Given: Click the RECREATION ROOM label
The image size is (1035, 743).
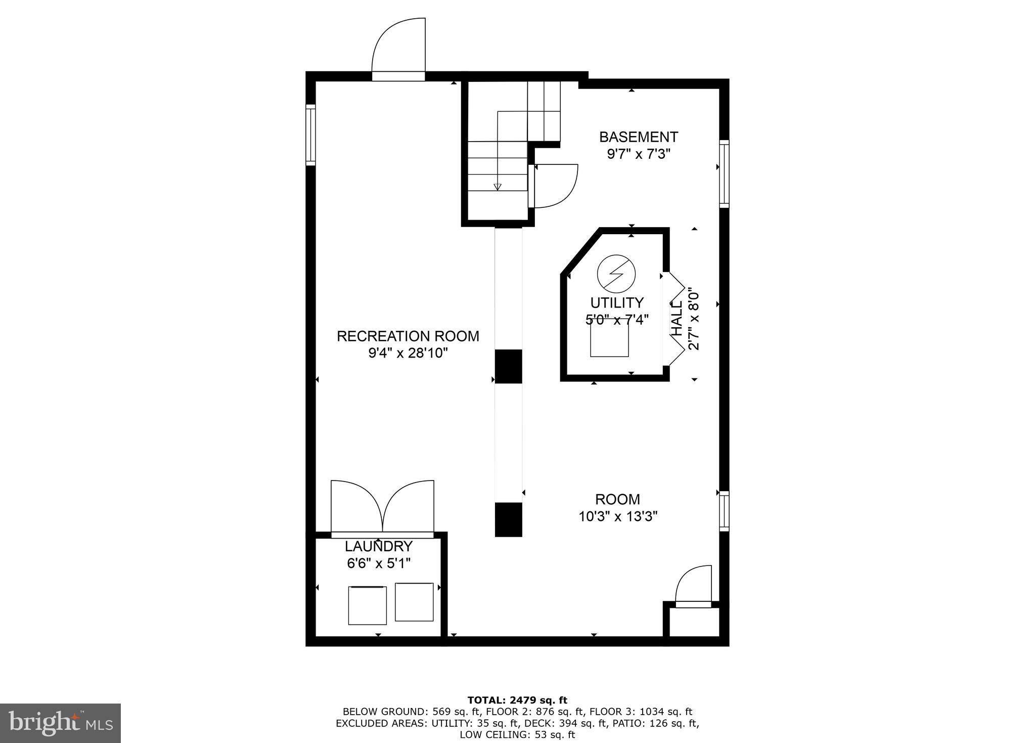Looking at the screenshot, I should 408,336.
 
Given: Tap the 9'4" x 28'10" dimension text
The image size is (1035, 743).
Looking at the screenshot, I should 408,353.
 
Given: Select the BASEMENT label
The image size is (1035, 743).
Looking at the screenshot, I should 638,137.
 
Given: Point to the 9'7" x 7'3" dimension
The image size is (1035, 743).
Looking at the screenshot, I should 638,154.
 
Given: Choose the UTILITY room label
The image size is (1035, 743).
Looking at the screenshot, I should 616,303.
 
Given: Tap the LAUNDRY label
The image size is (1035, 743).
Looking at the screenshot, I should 379,547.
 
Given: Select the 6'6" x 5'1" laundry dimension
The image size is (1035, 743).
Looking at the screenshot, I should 379,563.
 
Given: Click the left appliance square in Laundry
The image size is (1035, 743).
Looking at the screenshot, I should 367,605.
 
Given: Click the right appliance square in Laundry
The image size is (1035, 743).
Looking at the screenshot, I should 414,602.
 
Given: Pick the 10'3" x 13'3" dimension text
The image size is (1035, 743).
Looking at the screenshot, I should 617,516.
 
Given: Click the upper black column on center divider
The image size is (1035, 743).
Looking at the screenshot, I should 508,366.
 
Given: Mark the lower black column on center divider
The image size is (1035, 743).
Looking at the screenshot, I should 508,519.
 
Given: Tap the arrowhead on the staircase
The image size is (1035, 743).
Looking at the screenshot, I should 497,187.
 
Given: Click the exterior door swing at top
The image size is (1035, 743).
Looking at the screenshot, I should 399,48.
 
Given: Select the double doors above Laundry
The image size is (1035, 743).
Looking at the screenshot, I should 382,507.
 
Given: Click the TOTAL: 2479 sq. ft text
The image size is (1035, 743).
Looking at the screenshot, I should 517,701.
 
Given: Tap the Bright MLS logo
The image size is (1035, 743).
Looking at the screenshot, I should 60,724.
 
